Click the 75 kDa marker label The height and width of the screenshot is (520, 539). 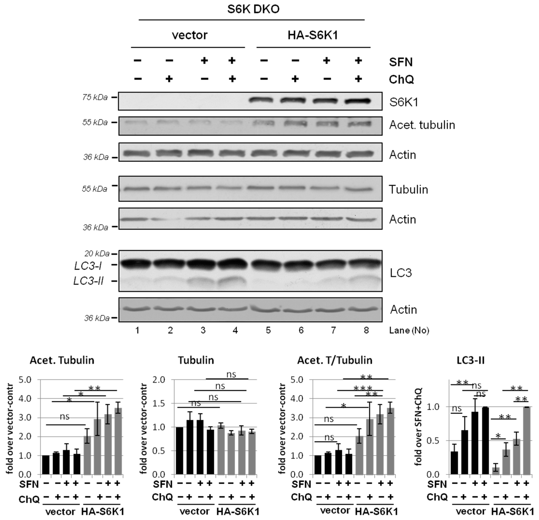point(95,97)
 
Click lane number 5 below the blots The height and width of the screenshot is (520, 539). point(268,330)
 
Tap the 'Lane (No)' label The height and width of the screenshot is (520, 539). point(409,330)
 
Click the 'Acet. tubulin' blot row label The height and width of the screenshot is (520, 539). point(422,125)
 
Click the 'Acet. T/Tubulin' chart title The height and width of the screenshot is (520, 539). point(335,360)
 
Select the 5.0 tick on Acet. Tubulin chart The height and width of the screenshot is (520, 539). point(25,380)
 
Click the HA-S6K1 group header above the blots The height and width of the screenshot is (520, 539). point(313,35)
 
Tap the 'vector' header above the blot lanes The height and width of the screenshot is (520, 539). point(190,35)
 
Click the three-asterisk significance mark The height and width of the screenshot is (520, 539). point(363,389)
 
